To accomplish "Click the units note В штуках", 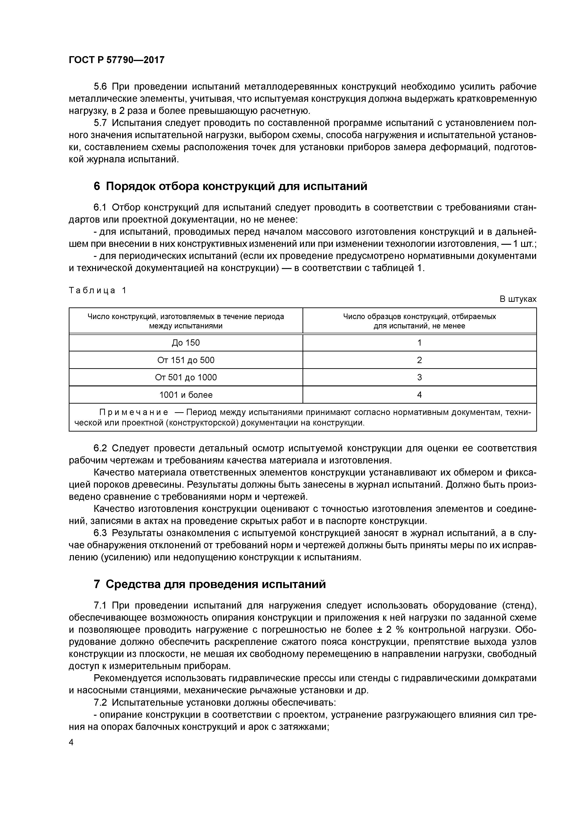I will pyautogui.click(x=518, y=299).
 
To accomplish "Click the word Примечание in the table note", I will pyautogui.click(x=133, y=412).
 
